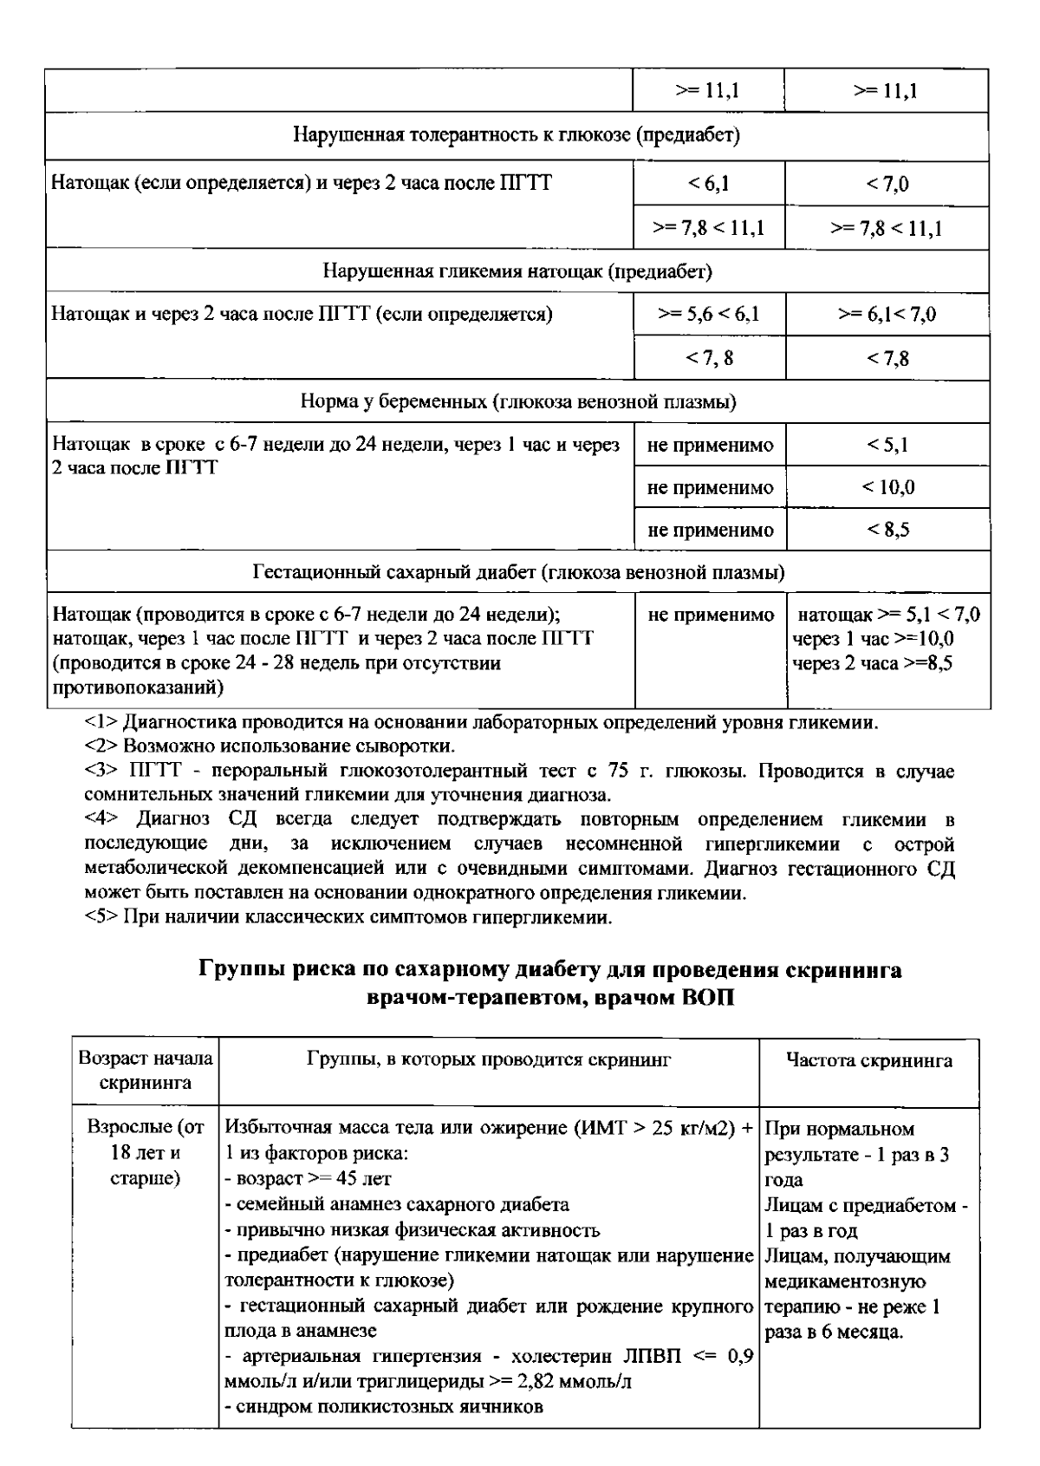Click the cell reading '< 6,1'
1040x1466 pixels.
pos(709,184)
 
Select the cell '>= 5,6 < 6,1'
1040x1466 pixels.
pos(709,314)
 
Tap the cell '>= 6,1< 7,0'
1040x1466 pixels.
pos(887,314)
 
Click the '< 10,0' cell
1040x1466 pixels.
pos(887,487)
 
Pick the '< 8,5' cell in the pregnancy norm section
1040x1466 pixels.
pos(887,530)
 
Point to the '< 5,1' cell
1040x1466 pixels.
pos(887,445)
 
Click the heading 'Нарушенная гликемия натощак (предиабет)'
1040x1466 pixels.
pos(517,271)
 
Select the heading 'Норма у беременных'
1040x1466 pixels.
pos(517,402)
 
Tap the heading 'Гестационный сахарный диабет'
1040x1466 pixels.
pos(517,573)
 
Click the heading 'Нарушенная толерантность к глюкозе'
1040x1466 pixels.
pos(517,135)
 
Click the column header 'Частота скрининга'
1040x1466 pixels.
pos(868,1060)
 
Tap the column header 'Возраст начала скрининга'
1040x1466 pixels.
pos(145,1071)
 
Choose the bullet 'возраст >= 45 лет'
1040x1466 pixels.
pos(309,1179)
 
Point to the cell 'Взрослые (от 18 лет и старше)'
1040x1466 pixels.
pos(145,1154)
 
